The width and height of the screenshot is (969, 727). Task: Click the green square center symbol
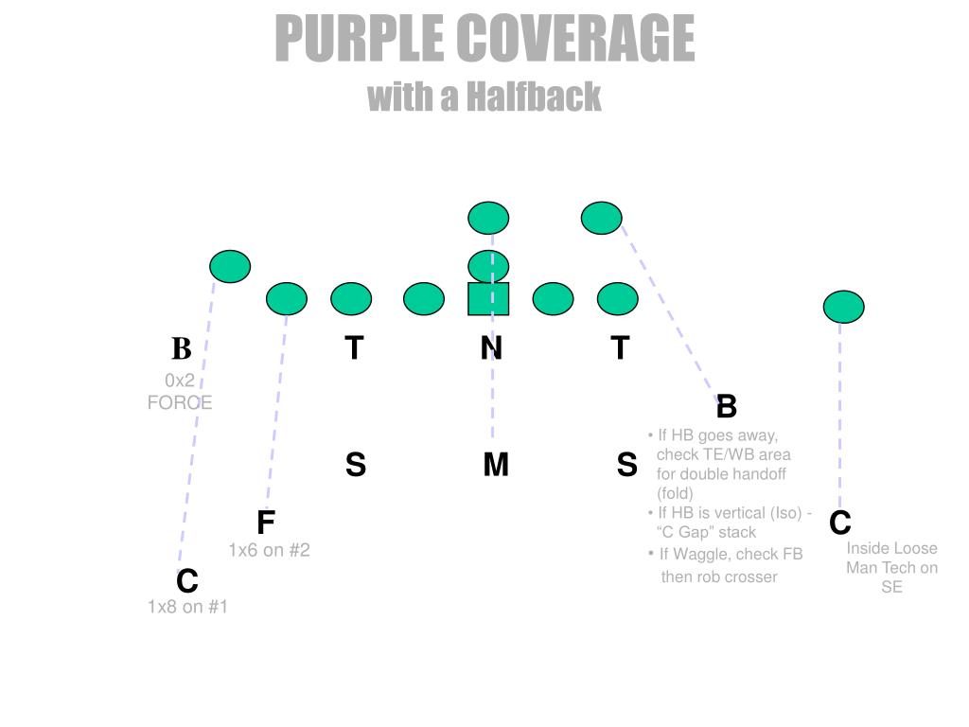(x=488, y=298)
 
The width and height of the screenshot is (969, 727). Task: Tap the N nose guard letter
(x=490, y=348)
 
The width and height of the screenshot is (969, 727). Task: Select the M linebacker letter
(x=496, y=465)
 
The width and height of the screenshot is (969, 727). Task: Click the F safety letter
(x=266, y=523)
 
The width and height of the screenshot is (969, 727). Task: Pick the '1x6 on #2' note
(x=269, y=550)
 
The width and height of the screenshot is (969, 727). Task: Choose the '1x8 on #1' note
(x=187, y=607)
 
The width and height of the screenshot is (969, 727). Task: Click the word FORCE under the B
(x=180, y=402)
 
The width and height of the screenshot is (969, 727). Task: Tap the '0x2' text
(x=179, y=381)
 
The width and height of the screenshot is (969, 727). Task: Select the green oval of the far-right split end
(x=843, y=307)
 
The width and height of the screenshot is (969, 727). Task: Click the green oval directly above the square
(x=488, y=266)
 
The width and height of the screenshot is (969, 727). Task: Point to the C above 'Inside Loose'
(x=840, y=523)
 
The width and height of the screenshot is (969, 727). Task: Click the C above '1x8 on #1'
(x=187, y=580)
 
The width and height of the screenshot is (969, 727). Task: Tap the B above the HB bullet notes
(x=726, y=407)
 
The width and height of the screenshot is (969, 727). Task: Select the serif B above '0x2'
(x=181, y=349)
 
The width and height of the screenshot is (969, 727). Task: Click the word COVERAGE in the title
(x=575, y=39)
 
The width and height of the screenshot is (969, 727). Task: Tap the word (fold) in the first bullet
(x=675, y=493)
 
